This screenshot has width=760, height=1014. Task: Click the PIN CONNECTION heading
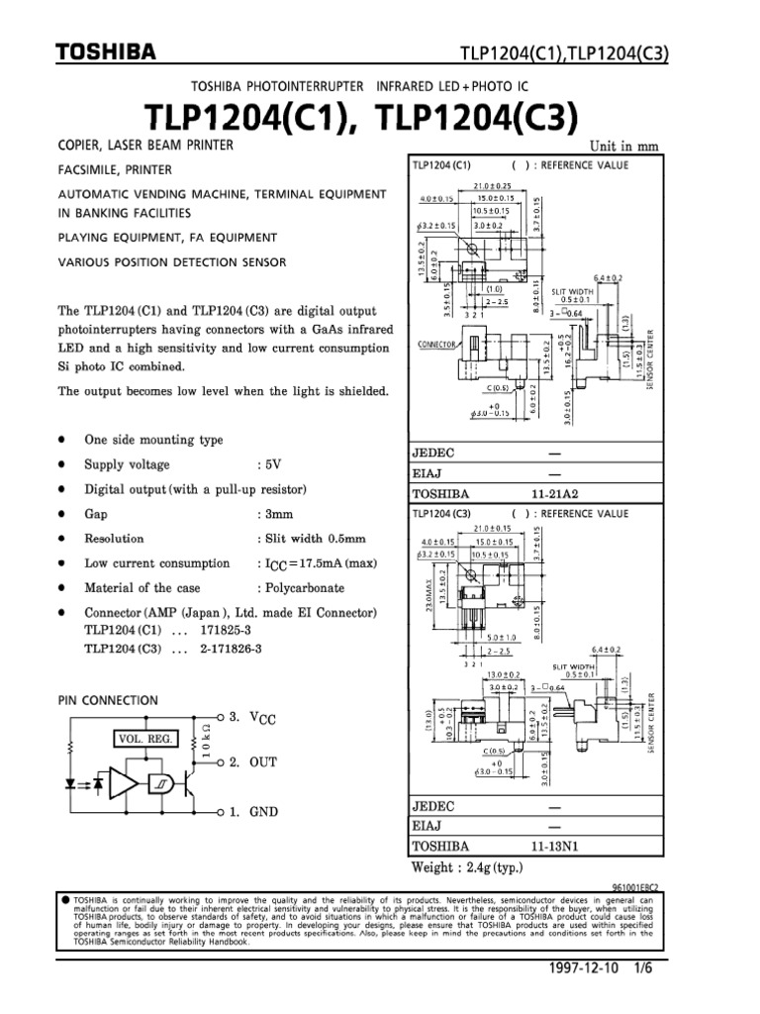108,700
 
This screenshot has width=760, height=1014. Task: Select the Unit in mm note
624,147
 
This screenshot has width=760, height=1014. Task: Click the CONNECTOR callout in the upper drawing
435,344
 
